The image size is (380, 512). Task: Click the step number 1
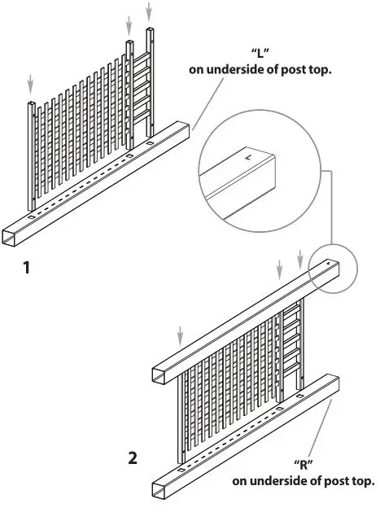click(27, 265)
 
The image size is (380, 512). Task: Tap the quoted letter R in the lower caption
click(304, 467)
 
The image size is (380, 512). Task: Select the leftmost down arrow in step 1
click(30, 82)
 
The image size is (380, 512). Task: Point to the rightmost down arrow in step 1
click(149, 11)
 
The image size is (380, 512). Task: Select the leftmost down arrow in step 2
click(181, 333)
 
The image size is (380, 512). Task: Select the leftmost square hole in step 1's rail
click(31, 217)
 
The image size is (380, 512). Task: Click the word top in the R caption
click(363, 481)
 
